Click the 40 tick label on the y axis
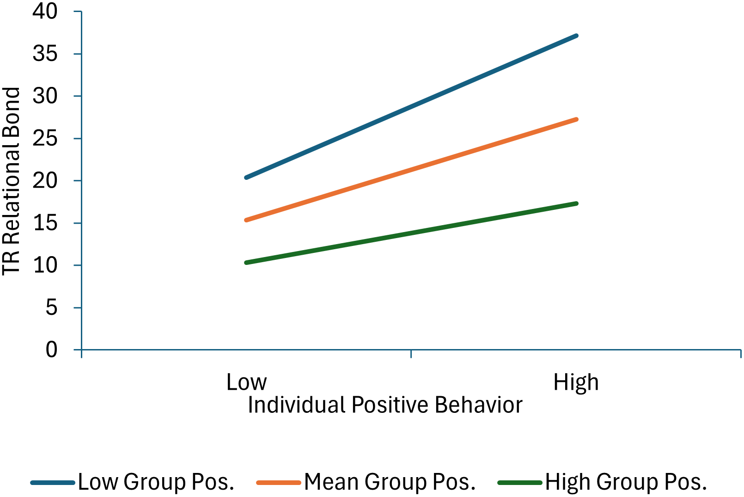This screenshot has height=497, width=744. coord(45,11)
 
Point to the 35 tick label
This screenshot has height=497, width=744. coord(45,54)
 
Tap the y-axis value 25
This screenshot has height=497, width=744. coord(45,138)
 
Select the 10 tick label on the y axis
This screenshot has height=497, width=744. coord(45,265)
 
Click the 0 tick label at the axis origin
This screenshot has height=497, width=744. coord(51,350)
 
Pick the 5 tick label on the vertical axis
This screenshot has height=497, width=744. coord(51,307)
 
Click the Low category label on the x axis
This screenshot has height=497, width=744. coord(246,382)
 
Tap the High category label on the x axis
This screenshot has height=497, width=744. coord(576,382)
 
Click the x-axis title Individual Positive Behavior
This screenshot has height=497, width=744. coord(385,405)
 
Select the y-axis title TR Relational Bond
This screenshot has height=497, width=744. coord(12,181)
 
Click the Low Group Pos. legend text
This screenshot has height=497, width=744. coord(156,482)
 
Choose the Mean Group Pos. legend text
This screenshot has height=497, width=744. coord(390,482)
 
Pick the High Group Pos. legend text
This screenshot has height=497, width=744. coord(626,482)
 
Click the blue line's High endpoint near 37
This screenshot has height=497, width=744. coord(576,36)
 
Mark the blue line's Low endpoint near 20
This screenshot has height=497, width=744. coord(246,178)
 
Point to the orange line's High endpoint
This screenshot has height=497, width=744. coord(576,119)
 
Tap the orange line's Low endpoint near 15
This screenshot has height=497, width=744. coord(246,220)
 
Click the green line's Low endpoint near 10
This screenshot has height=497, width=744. coord(246,263)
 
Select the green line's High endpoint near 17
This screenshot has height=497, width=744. coord(576,203)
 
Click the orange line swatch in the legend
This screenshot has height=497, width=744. coord(279,483)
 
